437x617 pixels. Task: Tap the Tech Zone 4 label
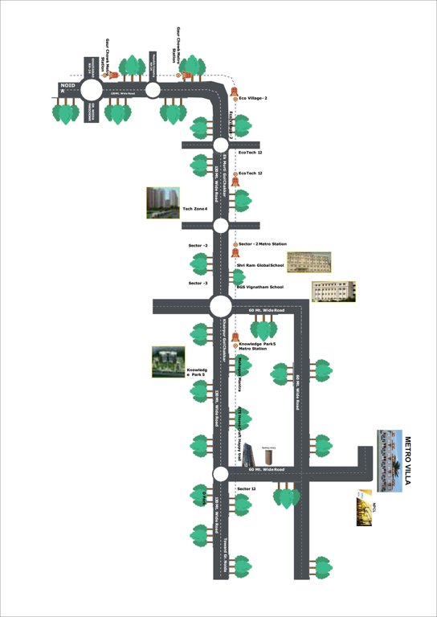pos(195,209)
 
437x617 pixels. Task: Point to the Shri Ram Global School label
pos(260,264)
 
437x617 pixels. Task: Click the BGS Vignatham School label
pos(259,287)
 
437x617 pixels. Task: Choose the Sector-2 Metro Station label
pos(263,243)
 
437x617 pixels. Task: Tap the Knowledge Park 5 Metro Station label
pos(257,346)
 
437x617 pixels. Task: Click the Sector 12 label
pos(247,488)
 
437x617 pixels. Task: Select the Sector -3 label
pos(198,283)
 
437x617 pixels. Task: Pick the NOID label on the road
pos(67,84)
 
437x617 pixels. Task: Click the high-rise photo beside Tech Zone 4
pos(162,203)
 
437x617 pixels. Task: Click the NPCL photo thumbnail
pos(364,507)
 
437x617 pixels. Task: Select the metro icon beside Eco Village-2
pos(235,98)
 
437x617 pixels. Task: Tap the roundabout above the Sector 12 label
pos(220,474)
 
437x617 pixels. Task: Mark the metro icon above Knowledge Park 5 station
pos(235,335)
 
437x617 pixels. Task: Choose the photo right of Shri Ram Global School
pos(309,262)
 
